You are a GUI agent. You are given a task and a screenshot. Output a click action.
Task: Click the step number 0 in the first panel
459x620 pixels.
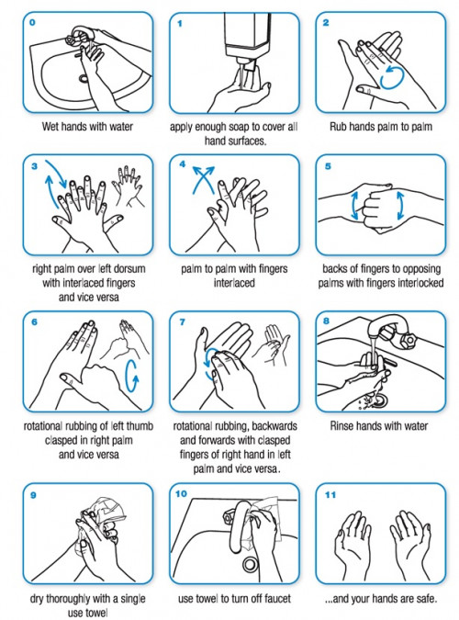click(32, 22)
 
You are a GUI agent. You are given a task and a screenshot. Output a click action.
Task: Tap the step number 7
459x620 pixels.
click(183, 321)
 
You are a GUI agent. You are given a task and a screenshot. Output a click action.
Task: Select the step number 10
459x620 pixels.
click(181, 493)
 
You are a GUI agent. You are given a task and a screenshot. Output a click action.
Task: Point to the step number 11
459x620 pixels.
click(330, 495)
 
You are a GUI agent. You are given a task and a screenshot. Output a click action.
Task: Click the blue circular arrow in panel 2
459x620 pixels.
click(392, 77)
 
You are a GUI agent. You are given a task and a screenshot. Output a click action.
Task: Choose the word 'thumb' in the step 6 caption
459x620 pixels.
click(139, 426)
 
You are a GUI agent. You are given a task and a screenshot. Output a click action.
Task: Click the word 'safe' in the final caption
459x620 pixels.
click(426, 599)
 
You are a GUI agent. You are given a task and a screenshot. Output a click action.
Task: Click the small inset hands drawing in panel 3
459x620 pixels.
click(128, 186)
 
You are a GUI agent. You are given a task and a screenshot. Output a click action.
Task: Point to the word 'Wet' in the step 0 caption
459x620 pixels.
click(50, 127)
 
